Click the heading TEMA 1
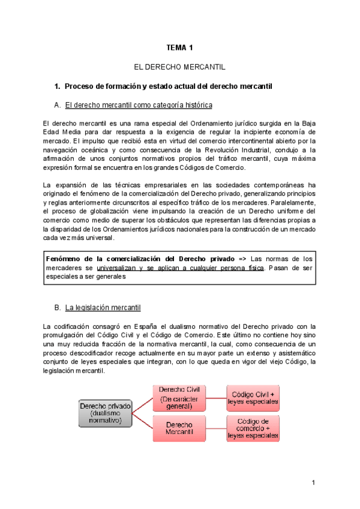click(x=179, y=47)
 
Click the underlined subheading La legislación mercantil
click(x=103, y=308)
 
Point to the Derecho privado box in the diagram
click(x=105, y=412)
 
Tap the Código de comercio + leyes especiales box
click(x=253, y=428)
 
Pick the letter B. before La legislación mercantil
click(x=58, y=308)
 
